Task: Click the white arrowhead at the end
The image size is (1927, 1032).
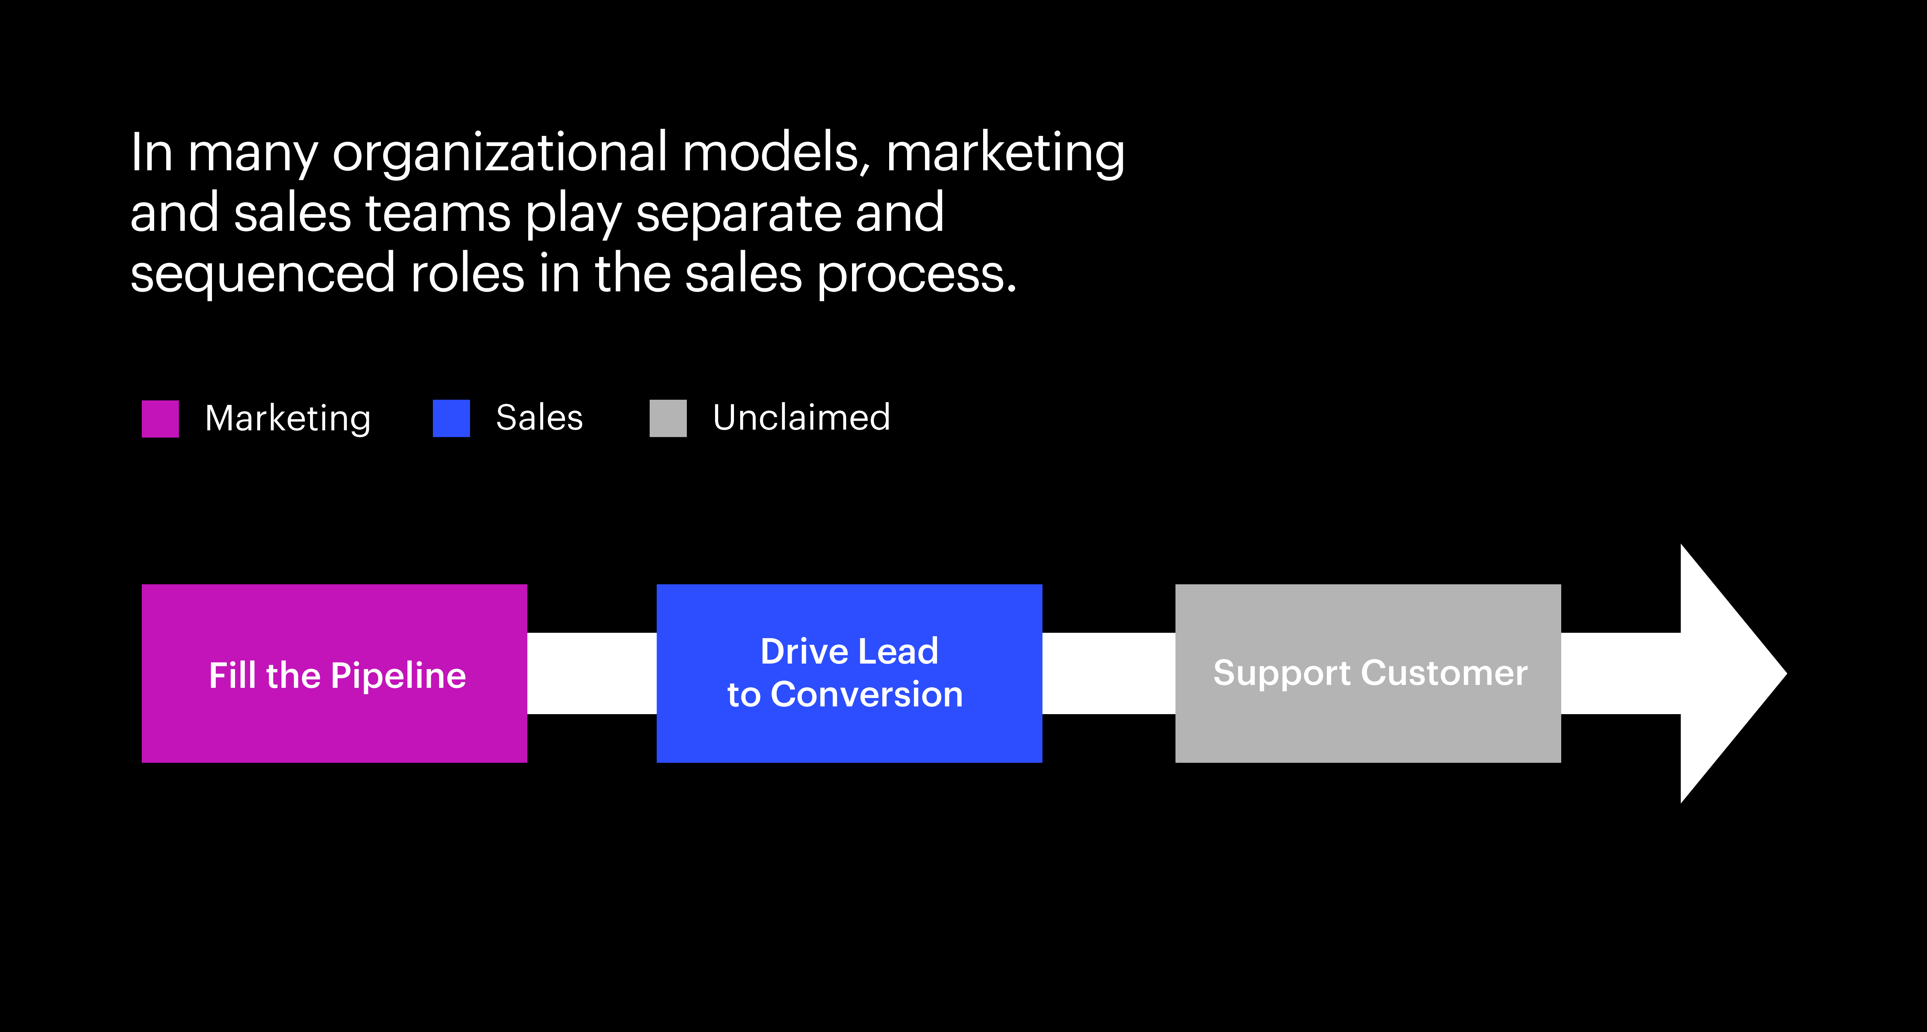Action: tap(1728, 673)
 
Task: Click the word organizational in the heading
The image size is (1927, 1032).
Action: tap(500, 153)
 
